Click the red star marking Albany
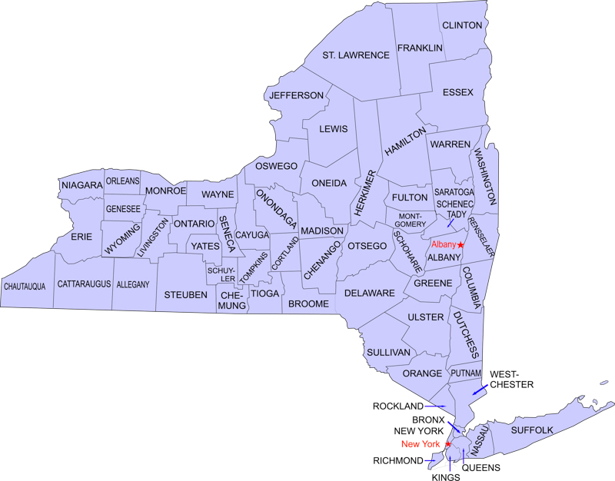[x=460, y=244]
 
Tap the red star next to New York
[x=448, y=444]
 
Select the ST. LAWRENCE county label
[x=356, y=55]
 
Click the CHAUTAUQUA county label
[x=25, y=286]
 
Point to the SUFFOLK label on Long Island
[x=532, y=430]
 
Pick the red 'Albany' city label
[x=444, y=244]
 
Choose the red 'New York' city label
[x=421, y=444]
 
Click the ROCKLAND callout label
[x=397, y=406]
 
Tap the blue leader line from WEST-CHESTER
[x=479, y=390]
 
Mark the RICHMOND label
[x=397, y=460]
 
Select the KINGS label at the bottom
[x=446, y=477]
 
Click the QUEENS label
[x=481, y=467]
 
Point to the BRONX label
[x=428, y=420]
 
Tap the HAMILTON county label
[x=405, y=144]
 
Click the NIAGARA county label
[x=81, y=185]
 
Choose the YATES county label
[x=205, y=246]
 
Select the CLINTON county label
[x=462, y=25]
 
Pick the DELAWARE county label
[x=369, y=294]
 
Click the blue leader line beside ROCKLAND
[x=436, y=406]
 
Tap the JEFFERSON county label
[x=296, y=95]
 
